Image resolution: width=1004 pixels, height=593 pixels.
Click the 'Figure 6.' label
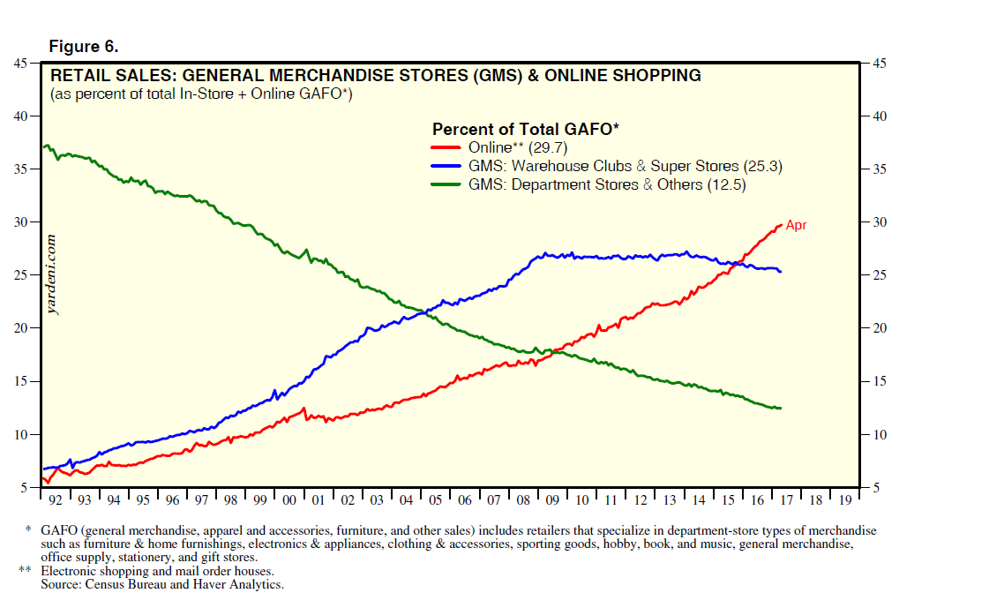click(x=83, y=46)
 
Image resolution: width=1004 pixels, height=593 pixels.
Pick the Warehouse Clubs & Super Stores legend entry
click(x=625, y=166)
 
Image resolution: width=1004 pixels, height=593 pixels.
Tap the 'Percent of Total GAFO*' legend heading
click(x=525, y=129)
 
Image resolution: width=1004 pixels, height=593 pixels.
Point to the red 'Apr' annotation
click(x=796, y=225)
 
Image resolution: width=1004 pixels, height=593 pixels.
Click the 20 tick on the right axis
click(x=880, y=328)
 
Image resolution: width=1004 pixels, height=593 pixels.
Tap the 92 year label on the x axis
click(x=56, y=499)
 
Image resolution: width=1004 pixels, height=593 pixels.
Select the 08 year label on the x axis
click(x=522, y=499)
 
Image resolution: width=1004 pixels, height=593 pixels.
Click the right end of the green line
click(x=780, y=408)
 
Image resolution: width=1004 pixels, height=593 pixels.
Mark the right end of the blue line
click(x=780, y=271)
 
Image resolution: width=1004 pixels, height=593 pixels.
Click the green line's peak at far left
click(x=46, y=146)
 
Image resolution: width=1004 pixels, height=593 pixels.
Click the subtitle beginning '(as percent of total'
click(x=202, y=94)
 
